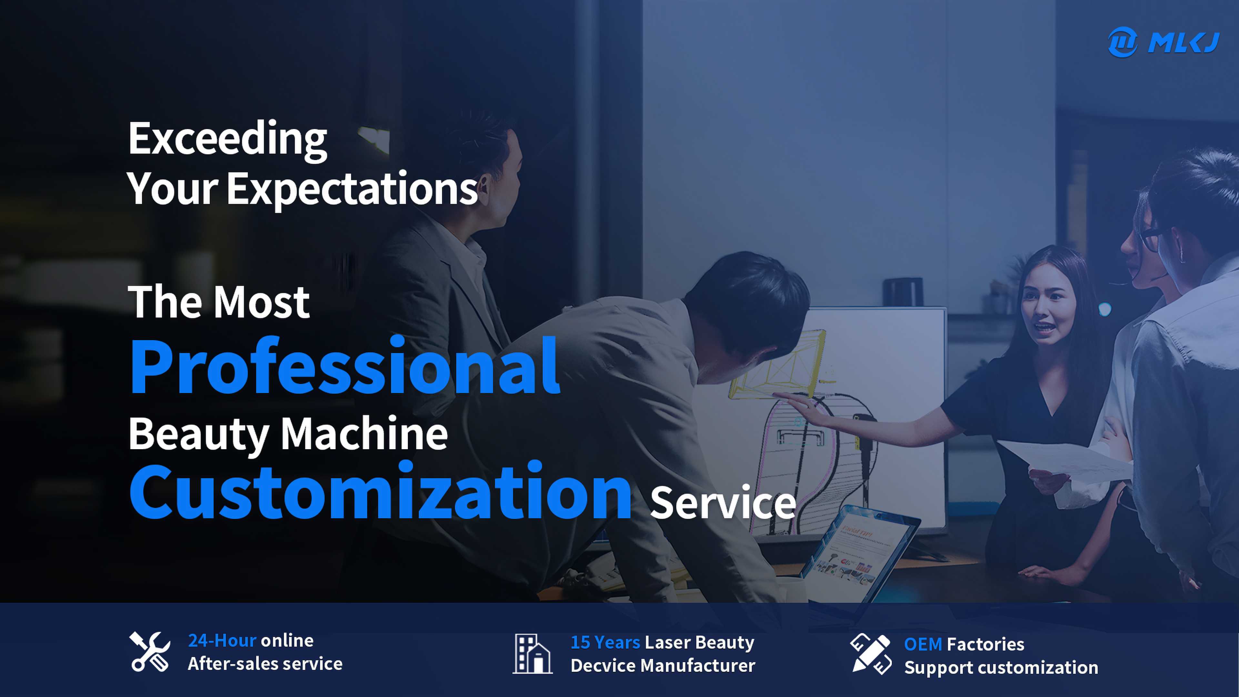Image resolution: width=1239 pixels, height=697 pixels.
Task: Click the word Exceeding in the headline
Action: pos(227,139)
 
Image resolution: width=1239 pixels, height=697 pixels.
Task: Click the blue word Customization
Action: pos(380,490)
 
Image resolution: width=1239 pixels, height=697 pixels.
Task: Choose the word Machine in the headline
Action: pos(364,433)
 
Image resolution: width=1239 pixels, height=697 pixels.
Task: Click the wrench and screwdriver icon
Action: pos(150,652)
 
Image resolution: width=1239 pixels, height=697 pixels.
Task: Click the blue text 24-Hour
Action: pos(222,640)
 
